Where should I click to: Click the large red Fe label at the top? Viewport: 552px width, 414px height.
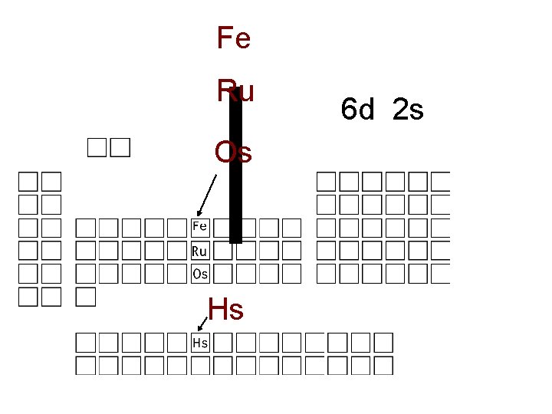point(234,38)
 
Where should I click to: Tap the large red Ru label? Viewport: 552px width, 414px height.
point(235,91)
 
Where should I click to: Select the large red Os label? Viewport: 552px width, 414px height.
point(233,153)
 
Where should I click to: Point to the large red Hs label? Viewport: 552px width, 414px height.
point(225,310)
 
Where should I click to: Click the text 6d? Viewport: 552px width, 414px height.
point(358,111)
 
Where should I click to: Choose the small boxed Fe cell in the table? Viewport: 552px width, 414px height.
point(200,227)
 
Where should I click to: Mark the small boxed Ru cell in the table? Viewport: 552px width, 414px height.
point(200,250)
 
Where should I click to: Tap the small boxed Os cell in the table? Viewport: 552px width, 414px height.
point(200,273)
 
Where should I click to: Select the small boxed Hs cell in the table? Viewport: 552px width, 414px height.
point(200,343)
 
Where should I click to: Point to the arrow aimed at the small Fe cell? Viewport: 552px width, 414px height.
point(206,196)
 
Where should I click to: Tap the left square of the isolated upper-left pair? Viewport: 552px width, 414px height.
point(97,147)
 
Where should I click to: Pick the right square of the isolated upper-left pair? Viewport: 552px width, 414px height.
point(120,147)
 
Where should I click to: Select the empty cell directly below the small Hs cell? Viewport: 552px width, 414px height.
point(200,366)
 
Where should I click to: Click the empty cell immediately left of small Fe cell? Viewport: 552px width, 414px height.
point(178,227)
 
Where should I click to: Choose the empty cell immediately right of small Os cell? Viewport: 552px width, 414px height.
point(223,273)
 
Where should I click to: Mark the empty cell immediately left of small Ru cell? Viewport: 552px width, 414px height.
point(178,250)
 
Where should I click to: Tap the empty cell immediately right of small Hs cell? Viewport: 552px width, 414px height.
point(223,343)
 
